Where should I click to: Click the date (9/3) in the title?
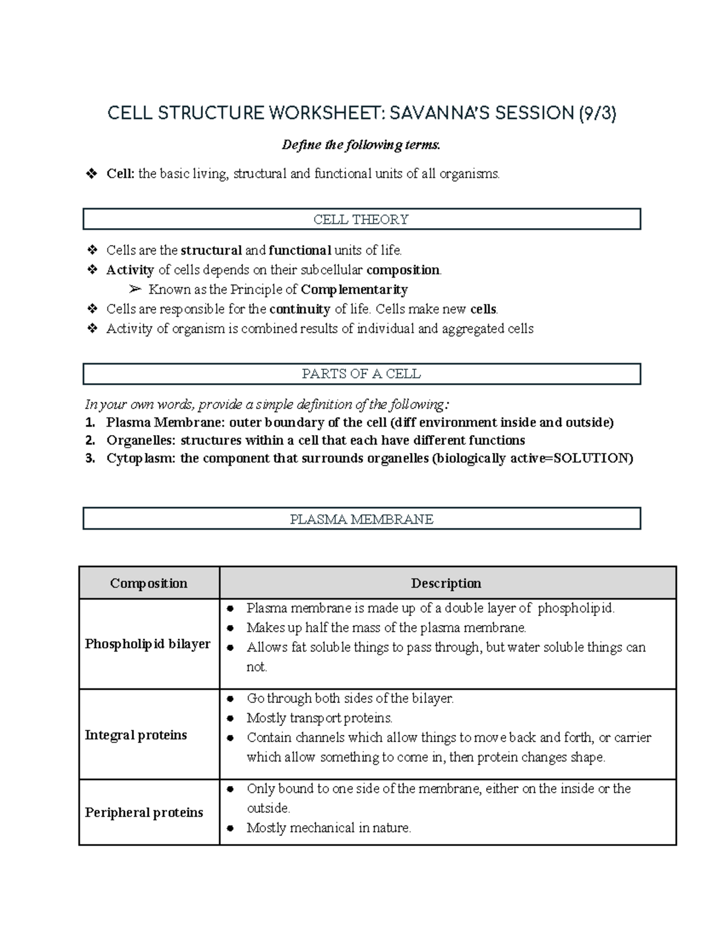(597, 113)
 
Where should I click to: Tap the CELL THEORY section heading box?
(361, 219)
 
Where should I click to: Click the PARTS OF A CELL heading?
(361, 373)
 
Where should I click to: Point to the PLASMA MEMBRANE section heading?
(361, 519)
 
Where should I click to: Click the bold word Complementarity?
(354, 290)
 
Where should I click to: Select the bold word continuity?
(299, 310)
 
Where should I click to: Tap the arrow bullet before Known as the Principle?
(135, 290)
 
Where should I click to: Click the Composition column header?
(148, 583)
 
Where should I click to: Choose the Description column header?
(446, 583)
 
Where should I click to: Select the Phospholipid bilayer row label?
(148, 644)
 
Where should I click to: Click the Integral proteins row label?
(136, 735)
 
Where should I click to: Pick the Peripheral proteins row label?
(144, 812)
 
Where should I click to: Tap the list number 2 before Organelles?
(90, 440)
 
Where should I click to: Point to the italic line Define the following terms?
(361, 145)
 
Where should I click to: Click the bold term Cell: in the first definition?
(120, 174)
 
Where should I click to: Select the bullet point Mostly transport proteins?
(319, 718)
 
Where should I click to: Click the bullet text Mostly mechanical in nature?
(329, 828)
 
